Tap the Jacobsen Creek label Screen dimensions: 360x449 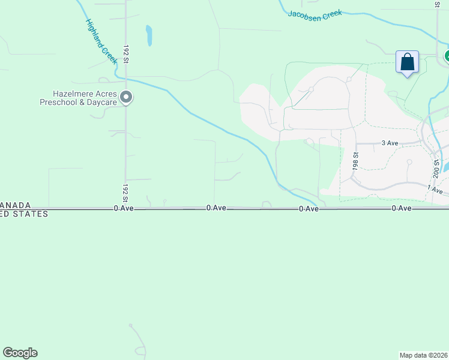[x=315, y=14]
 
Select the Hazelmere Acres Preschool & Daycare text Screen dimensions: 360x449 [x=78, y=98]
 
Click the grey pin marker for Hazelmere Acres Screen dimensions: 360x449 [x=126, y=97]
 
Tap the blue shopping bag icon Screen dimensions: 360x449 [x=407, y=62]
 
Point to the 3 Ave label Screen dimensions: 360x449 [x=390, y=143]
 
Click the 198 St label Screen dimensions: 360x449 [x=355, y=162]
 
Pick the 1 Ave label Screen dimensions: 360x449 [x=435, y=190]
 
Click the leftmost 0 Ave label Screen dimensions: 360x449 [x=123, y=208]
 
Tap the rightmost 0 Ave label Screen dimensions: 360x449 [x=401, y=208]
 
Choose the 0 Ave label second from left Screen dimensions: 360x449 [x=215, y=208]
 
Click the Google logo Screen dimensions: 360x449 [x=20, y=353]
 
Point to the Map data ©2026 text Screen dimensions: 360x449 [x=423, y=355]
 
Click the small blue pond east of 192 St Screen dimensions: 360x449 [x=149, y=35]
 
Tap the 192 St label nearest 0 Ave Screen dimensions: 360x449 [x=125, y=192]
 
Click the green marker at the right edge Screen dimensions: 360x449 [x=447, y=56]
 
